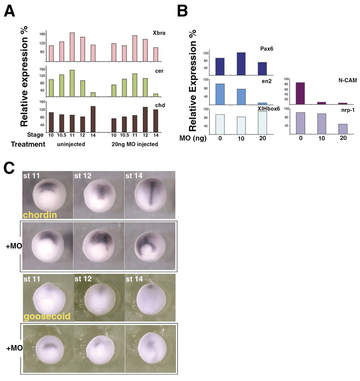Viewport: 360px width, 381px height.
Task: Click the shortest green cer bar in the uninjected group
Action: (x=93, y=94)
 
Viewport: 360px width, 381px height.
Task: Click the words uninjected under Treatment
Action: (x=72, y=144)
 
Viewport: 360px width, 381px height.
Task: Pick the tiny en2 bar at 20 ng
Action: (x=262, y=104)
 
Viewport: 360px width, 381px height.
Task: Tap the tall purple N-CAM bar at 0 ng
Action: (x=300, y=93)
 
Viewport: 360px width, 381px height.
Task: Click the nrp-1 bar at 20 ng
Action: (x=343, y=129)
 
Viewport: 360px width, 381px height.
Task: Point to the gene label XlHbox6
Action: (x=269, y=109)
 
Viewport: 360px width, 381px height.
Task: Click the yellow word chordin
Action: (x=40, y=215)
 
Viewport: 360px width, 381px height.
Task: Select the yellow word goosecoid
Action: (x=47, y=316)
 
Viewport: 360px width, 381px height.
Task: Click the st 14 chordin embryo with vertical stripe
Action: (x=150, y=195)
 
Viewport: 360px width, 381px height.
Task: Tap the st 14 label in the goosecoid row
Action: (x=134, y=279)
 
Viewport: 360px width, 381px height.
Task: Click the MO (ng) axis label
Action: (x=193, y=138)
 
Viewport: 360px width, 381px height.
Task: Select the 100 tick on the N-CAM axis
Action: (x=287, y=79)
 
